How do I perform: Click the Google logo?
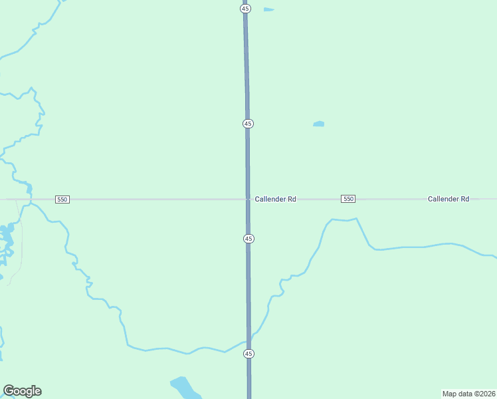tap(22, 391)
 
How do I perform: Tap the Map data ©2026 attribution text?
tap(468, 393)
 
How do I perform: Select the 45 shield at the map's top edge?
tap(246, 9)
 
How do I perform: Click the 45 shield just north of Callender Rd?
tap(248, 124)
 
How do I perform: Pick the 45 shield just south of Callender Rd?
tap(248, 238)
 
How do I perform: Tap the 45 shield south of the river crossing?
tap(248, 353)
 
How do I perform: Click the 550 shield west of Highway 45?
tap(62, 199)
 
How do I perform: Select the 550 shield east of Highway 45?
tap(348, 199)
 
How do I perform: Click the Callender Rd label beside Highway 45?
tap(275, 199)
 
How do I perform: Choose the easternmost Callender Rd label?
tap(448, 199)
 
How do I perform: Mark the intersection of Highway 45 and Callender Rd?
tap(248, 199)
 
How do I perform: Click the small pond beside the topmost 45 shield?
tap(268, 9)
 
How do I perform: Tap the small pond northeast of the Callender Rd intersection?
tap(319, 124)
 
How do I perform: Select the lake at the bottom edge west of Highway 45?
tap(183, 386)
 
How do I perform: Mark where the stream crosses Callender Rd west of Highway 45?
tap(29, 199)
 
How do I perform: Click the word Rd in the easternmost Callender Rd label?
tap(464, 199)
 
